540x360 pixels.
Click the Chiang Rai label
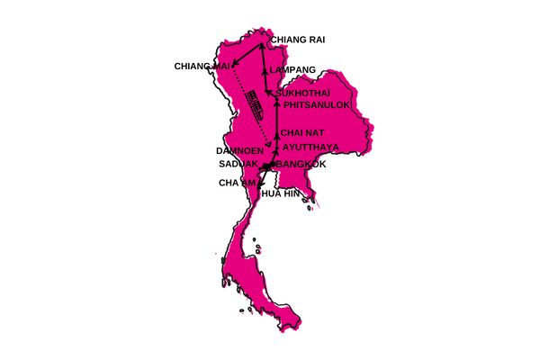click(x=299, y=40)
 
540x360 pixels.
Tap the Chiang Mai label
click(x=203, y=66)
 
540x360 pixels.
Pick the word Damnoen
click(x=238, y=150)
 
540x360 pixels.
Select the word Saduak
click(x=238, y=165)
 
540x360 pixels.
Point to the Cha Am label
click(x=237, y=183)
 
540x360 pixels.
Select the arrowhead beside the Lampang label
click(x=264, y=70)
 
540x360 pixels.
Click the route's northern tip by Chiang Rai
click(x=261, y=44)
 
